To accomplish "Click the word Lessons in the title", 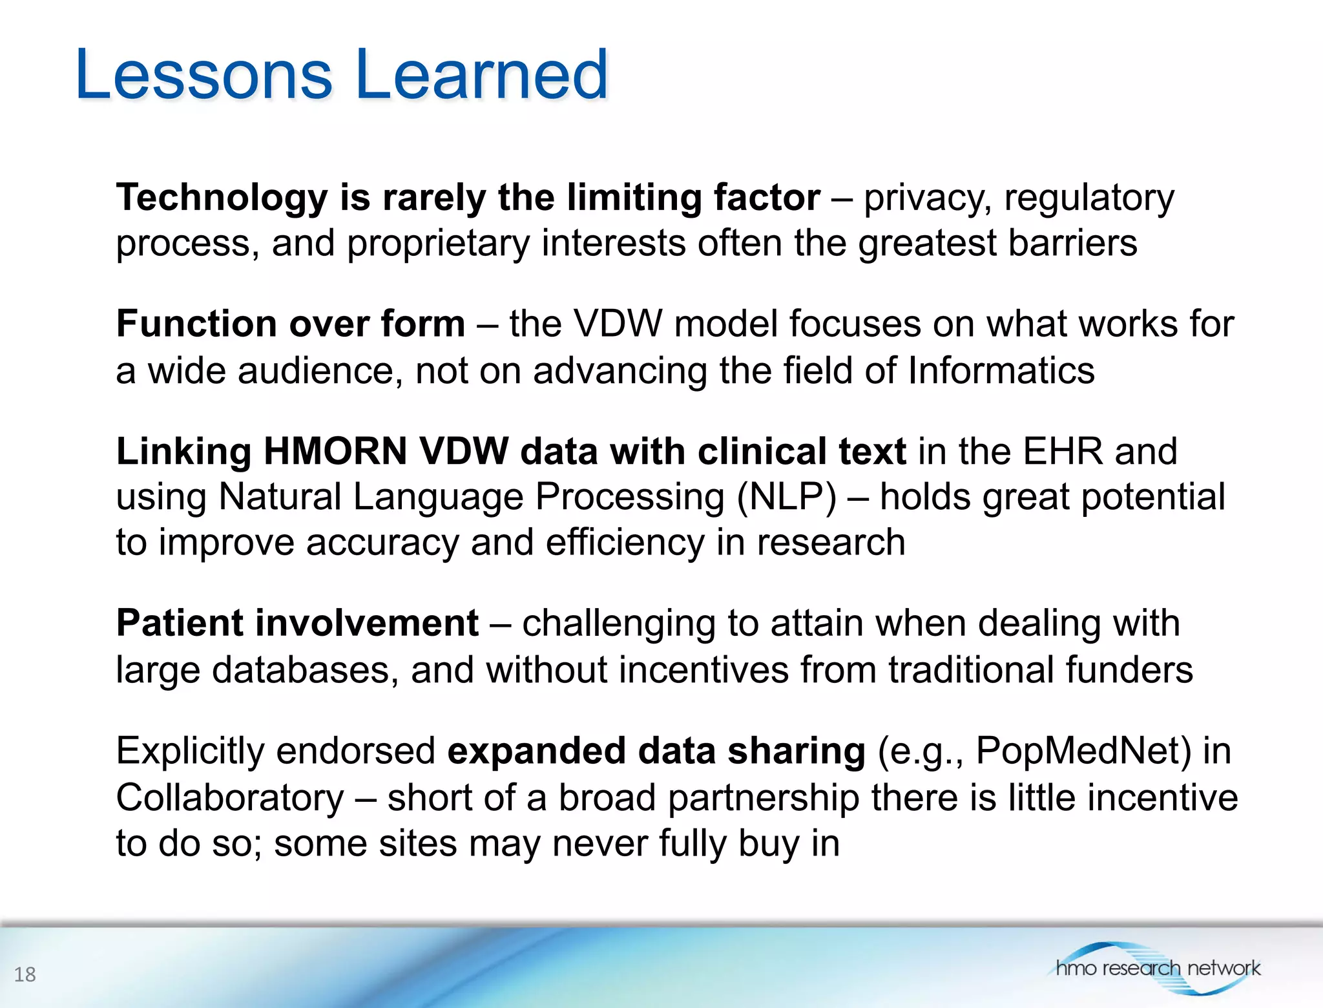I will coord(203,75).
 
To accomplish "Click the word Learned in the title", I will coord(481,75).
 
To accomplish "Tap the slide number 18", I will coord(25,974).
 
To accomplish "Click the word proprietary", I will coord(438,244).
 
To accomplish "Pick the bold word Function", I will coord(196,323).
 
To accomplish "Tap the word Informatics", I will coord(1001,370).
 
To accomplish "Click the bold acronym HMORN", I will coord(335,450).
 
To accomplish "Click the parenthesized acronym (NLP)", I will coord(787,497).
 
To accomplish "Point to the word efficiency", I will coord(625,542).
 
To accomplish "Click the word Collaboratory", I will coord(230,797).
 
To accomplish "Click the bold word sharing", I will coord(796,751).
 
